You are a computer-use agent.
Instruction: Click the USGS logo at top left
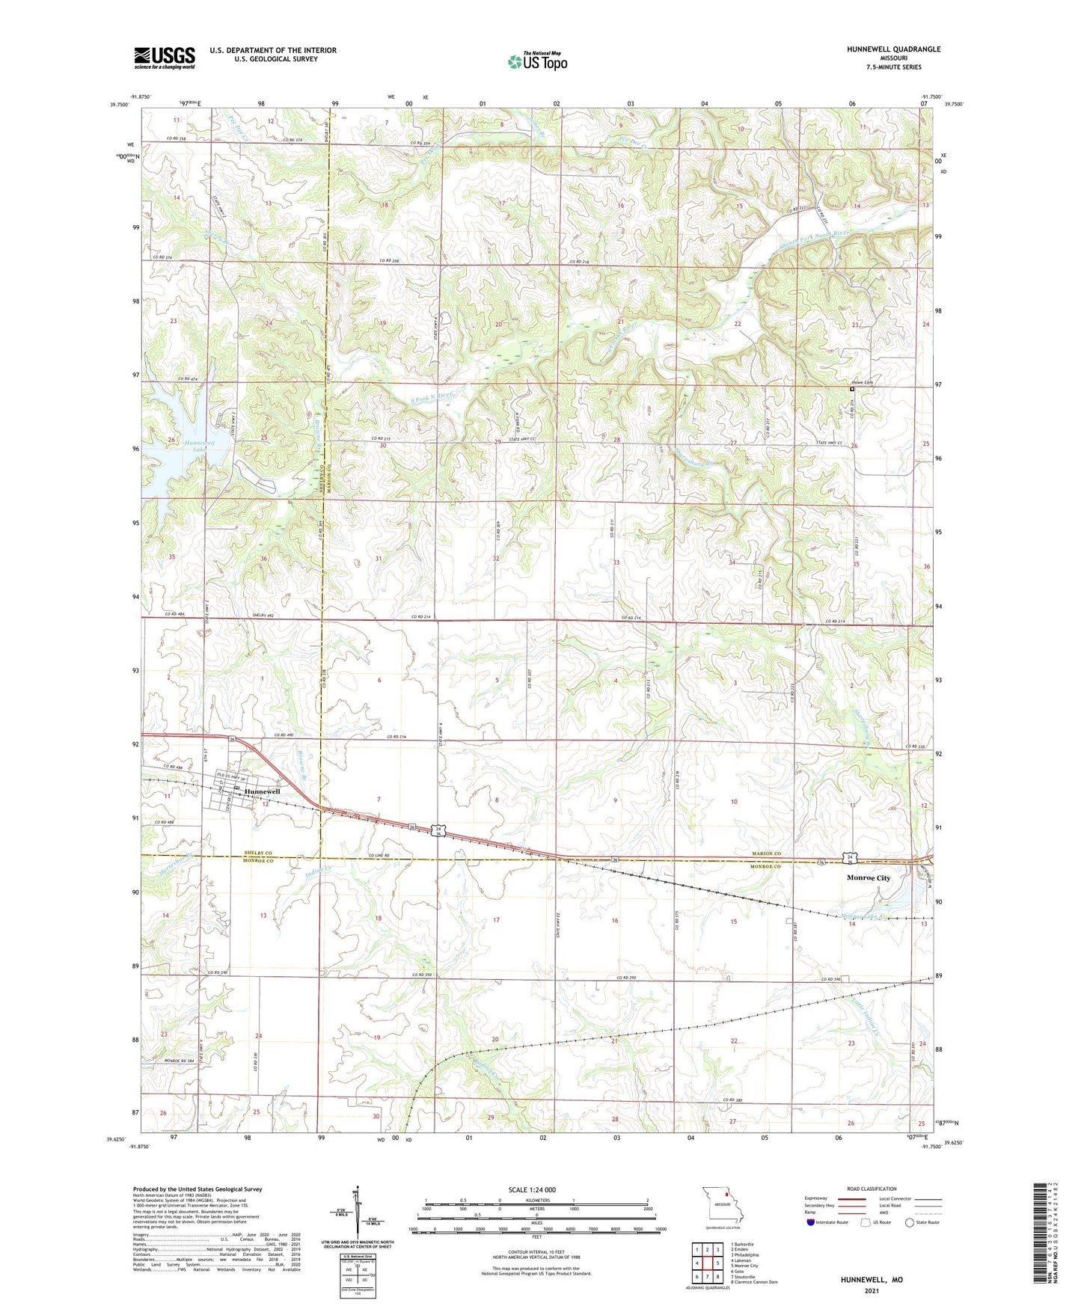coord(165,58)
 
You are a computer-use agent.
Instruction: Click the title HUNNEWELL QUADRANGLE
coord(883,49)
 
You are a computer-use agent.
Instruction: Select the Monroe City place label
coord(868,878)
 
